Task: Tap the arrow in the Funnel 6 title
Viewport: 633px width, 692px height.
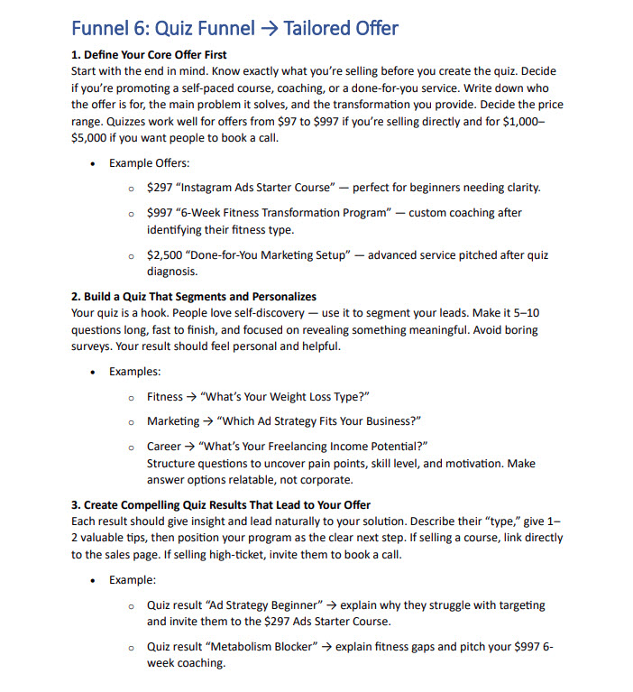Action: (267, 29)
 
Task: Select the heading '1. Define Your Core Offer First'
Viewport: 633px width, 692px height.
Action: (149, 55)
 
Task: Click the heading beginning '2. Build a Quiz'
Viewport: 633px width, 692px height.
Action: (194, 297)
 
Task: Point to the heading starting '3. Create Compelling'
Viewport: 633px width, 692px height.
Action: (221, 504)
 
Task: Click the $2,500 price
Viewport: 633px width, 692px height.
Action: (163, 255)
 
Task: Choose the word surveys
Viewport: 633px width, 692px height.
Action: (93, 346)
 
